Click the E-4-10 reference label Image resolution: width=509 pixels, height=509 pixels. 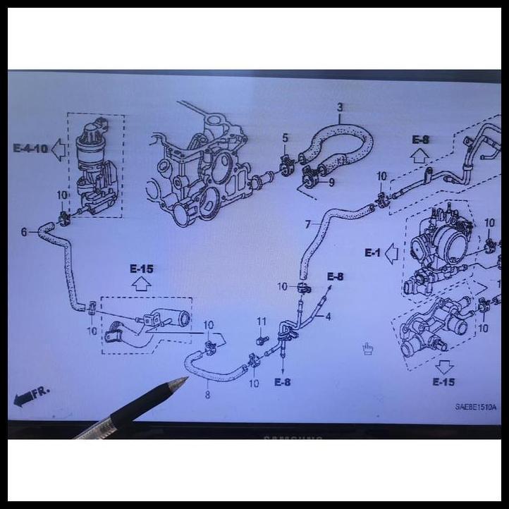[x=30, y=148]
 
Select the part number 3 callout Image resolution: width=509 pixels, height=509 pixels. [x=340, y=108]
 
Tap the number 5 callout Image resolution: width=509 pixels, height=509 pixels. [x=285, y=138]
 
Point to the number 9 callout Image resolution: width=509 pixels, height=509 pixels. [x=331, y=182]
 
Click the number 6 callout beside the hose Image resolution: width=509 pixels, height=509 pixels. [x=24, y=231]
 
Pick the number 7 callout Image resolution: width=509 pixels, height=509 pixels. [x=307, y=225]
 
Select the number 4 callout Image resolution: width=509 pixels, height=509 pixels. [x=327, y=317]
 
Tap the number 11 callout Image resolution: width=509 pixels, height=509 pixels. [x=262, y=321]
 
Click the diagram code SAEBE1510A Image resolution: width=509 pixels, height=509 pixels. [x=475, y=407]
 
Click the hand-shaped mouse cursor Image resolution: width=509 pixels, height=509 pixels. [x=367, y=348]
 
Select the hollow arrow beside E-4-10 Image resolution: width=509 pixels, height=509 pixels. [x=58, y=149]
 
